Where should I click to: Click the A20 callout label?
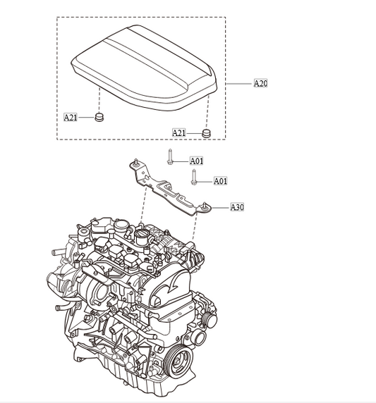[x=260, y=83]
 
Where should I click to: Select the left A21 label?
[x=71, y=117]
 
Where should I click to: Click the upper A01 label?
[x=197, y=161]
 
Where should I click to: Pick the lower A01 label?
[x=220, y=181]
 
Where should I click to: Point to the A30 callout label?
[x=238, y=207]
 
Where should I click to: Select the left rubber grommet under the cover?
[x=99, y=116]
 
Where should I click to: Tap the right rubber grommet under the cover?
[x=206, y=132]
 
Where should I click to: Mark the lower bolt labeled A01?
[x=193, y=177]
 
